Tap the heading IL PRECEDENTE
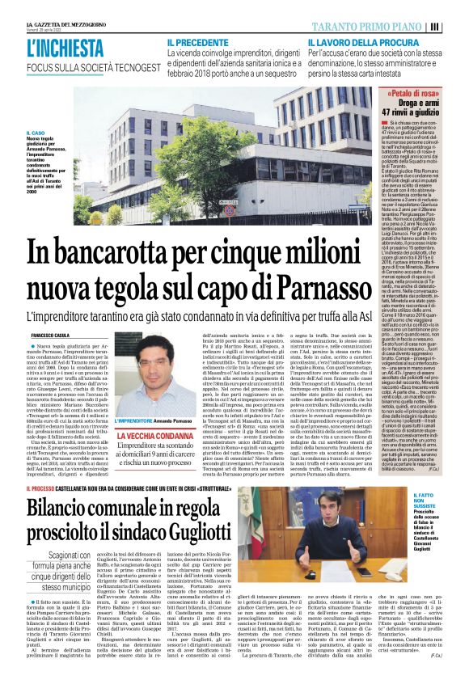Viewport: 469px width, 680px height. coord(198,41)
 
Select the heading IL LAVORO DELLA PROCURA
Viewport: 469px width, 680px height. coord(355,41)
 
